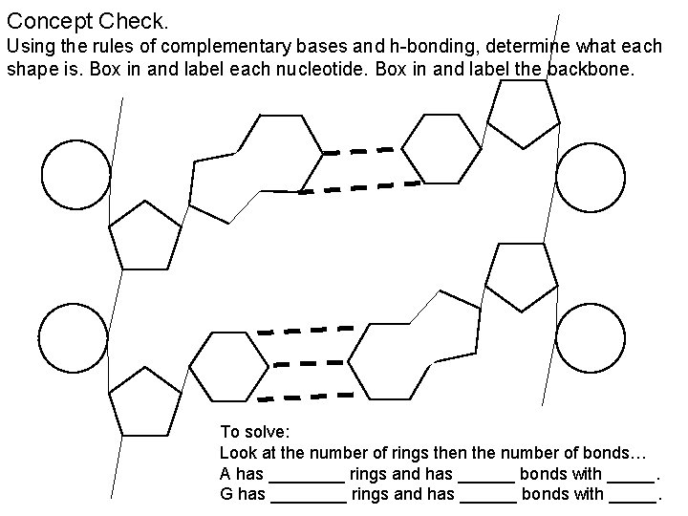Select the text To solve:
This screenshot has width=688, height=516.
click(x=251, y=431)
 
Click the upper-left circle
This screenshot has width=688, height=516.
click(x=75, y=174)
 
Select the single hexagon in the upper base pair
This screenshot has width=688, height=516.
click(x=441, y=148)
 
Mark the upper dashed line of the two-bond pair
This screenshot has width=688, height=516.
click(x=359, y=151)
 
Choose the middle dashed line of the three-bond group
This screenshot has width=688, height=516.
click(x=307, y=363)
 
